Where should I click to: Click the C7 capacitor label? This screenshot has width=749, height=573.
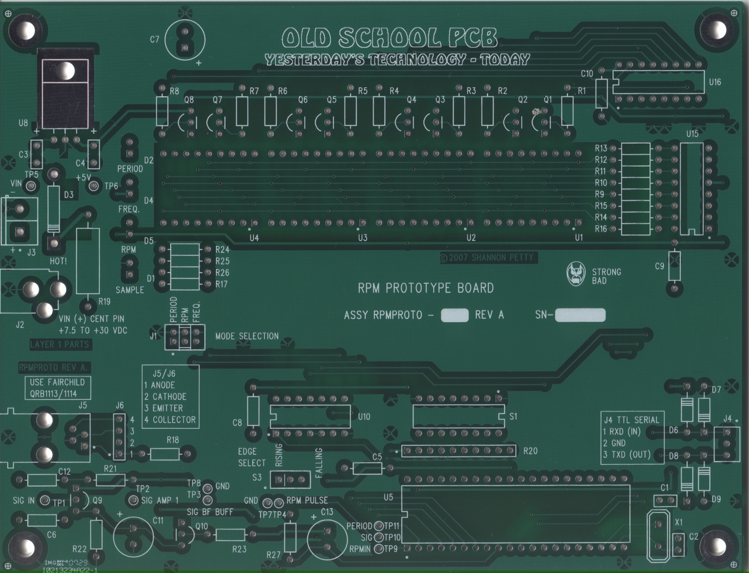click(155, 40)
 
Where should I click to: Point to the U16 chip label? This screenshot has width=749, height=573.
click(715, 82)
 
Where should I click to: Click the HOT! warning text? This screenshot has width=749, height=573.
click(58, 262)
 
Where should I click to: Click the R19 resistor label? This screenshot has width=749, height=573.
click(104, 302)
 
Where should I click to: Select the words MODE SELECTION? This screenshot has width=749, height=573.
click(247, 336)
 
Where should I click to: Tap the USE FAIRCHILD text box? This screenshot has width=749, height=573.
click(58, 388)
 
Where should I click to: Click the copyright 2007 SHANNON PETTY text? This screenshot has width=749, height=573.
click(489, 258)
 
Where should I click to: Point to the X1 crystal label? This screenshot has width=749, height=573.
click(679, 522)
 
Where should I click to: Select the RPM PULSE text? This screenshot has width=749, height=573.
click(307, 500)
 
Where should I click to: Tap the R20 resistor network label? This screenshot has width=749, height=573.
click(530, 451)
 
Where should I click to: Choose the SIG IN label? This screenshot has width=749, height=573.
click(24, 500)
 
